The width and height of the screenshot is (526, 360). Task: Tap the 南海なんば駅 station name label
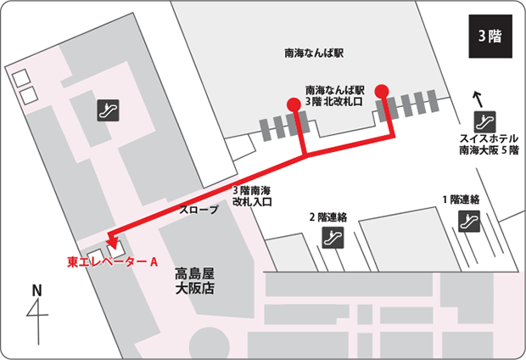click(x=312, y=53)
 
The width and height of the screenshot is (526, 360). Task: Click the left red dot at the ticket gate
click(x=294, y=104)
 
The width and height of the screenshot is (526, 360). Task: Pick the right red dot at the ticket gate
click(x=382, y=91)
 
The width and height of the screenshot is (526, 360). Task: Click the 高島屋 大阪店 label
click(x=198, y=282)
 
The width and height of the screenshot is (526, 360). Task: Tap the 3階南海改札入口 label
click(x=251, y=196)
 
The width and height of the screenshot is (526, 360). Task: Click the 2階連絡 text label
click(x=328, y=217)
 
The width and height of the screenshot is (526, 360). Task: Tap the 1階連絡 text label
click(x=461, y=200)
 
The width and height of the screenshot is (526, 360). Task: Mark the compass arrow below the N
click(x=37, y=318)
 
